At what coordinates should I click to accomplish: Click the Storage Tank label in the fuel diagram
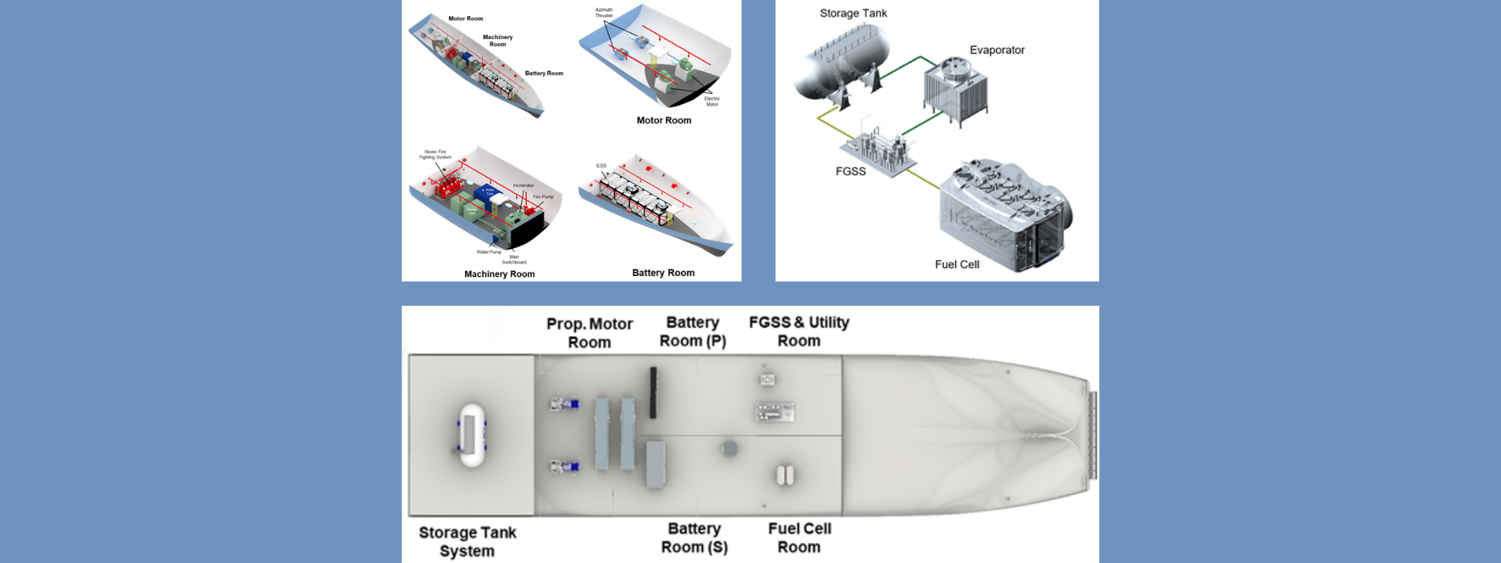pyautogui.click(x=853, y=13)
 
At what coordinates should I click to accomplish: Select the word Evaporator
pyautogui.click(x=997, y=50)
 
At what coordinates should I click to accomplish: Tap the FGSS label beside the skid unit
pyautogui.click(x=851, y=171)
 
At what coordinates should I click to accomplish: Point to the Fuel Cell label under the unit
pyautogui.click(x=957, y=264)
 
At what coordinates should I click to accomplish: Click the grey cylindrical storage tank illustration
pyautogui.click(x=841, y=62)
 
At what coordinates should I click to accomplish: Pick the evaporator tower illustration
pyautogui.click(x=955, y=90)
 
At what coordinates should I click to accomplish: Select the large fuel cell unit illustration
pyautogui.click(x=1004, y=215)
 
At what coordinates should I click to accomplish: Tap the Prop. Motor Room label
pyautogui.click(x=589, y=333)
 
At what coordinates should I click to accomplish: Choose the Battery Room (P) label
pyautogui.click(x=693, y=332)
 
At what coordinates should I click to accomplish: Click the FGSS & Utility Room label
pyautogui.click(x=799, y=332)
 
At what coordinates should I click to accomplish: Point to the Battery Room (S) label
pyautogui.click(x=694, y=538)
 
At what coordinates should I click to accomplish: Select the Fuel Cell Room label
pyautogui.click(x=799, y=538)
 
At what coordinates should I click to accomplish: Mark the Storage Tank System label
pyautogui.click(x=467, y=541)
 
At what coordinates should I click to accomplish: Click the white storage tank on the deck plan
pyautogui.click(x=471, y=435)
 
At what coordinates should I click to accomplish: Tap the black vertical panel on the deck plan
pyautogui.click(x=653, y=393)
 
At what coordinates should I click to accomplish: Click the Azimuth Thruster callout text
pyautogui.click(x=604, y=13)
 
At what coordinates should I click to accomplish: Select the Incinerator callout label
pyautogui.click(x=523, y=185)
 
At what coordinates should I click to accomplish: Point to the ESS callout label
pyautogui.click(x=601, y=166)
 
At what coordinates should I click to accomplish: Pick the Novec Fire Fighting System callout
pyautogui.click(x=435, y=154)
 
